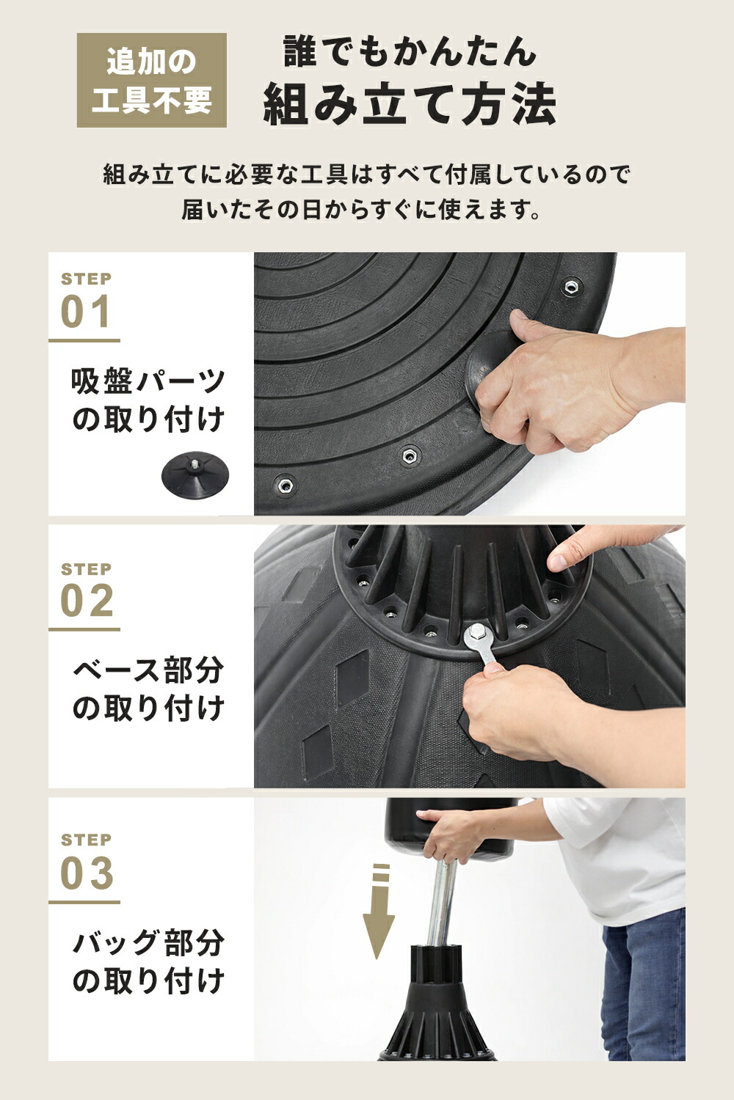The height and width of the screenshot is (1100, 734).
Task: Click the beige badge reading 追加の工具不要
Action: pos(152,80)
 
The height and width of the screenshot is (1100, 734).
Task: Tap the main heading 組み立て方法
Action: pos(410,105)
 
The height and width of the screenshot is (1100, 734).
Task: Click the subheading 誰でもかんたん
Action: pos(410,51)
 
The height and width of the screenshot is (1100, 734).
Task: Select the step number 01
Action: pos(87,312)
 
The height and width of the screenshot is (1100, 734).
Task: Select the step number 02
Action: pos(87,601)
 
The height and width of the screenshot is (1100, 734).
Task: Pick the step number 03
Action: pos(87,873)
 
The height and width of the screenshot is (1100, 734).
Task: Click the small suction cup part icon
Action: pos(195,474)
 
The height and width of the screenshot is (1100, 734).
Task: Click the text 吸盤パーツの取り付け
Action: pos(148,400)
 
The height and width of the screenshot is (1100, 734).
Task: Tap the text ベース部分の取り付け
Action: pos(148,689)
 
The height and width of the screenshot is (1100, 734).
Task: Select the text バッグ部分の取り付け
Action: pos(148,961)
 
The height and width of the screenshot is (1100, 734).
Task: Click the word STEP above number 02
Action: pos(86,569)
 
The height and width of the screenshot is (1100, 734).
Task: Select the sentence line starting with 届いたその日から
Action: pos(361,210)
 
